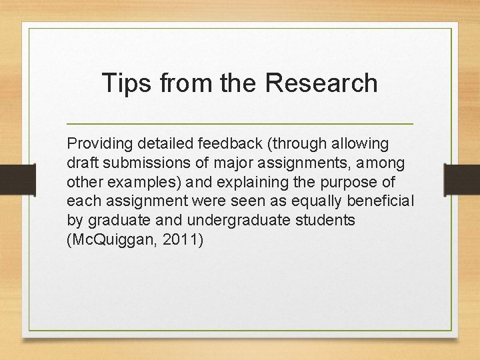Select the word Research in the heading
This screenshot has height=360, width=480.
click(321, 83)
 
